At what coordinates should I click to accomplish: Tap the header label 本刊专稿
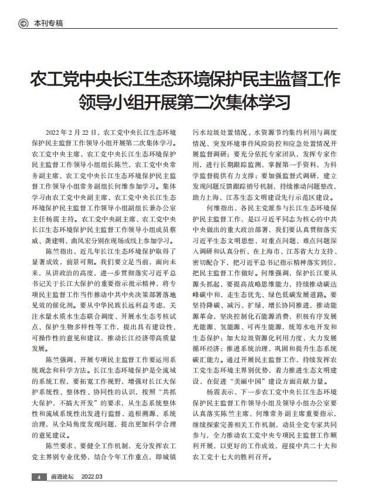coord(48,23)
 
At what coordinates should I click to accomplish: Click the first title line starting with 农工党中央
coord(184,78)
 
